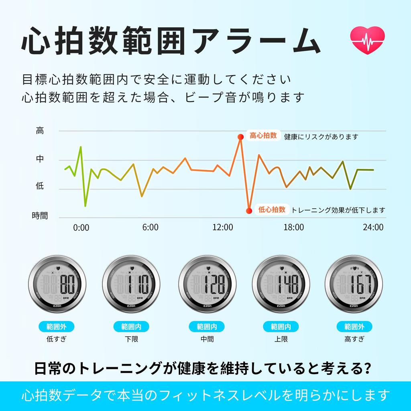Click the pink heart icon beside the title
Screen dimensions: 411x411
pyautogui.click(x=367, y=41)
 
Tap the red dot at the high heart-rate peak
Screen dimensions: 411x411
pyautogui.click(x=240, y=137)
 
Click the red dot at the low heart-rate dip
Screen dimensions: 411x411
pyautogui.click(x=249, y=210)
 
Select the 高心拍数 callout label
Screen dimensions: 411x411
pyautogui.click(x=263, y=136)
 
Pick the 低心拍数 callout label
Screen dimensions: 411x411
pyautogui.click(x=272, y=209)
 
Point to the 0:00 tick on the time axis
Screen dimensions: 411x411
pyautogui.click(x=81, y=227)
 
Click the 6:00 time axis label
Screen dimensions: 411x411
pyautogui.click(x=151, y=227)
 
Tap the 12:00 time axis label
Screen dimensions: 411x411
pyautogui.click(x=222, y=227)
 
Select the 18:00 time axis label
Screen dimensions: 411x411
pyautogui.click(x=294, y=227)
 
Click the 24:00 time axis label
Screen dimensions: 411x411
pyautogui.click(x=373, y=227)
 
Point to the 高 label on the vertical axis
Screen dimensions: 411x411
pyautogui.click(x=40, y=130)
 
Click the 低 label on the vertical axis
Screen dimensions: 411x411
pyautogui.click(x=40, y=186)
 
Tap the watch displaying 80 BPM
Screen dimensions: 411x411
pyautogui.click(x=58, y=284)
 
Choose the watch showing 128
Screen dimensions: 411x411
pyautogui.click(x=208, y=284)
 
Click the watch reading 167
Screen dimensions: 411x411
pyautogui.click(x=354, y=284)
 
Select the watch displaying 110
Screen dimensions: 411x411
pyautogui.click(x=131, y=284)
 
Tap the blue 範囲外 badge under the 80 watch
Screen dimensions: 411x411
pyautogui.click(x=57, y=326)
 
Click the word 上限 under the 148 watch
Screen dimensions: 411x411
pyautogui.click(x=281, y=339)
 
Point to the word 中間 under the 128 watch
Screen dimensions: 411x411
pyautogui.click(x=207, y=339)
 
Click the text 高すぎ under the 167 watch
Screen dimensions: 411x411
pyautogui.click(x=354, y=339)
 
